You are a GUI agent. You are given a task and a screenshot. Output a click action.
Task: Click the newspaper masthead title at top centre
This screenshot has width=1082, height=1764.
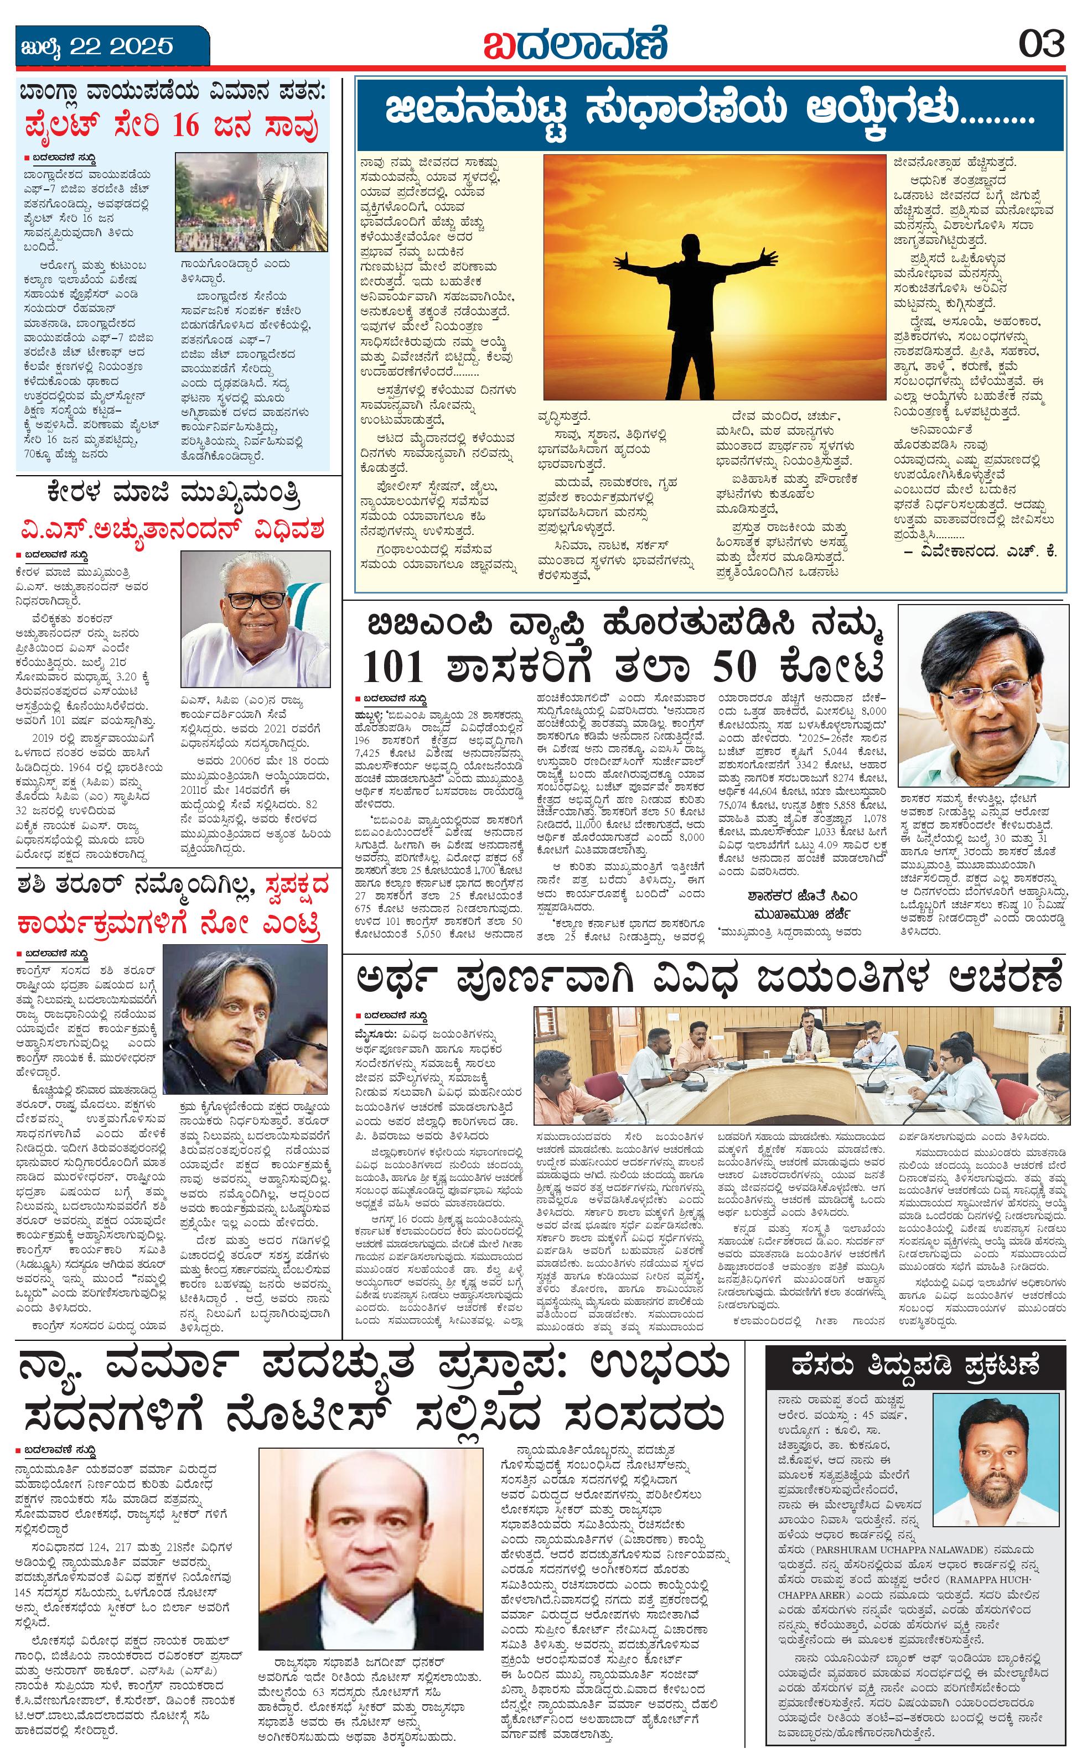[x=575, y=44]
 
